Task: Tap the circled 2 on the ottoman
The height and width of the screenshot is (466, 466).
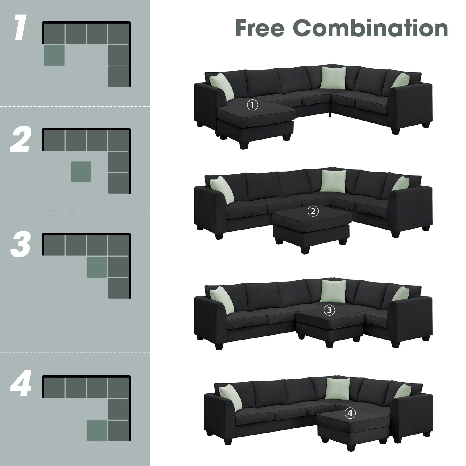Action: tap(313, 211)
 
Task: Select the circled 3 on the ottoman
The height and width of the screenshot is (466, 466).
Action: tap(329, 310)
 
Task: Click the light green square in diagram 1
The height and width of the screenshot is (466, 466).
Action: tap(54, 55)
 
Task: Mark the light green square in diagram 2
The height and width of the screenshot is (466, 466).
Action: tap(81, 172)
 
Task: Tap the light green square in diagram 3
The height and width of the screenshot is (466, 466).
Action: tap(96, 267)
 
